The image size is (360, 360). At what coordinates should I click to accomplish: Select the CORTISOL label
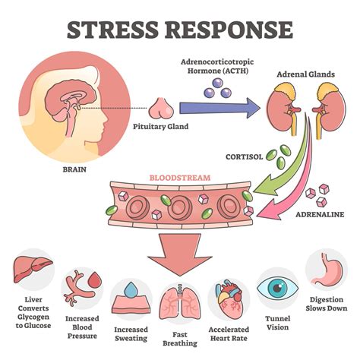click(244, 157)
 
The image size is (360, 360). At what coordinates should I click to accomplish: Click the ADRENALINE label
click(315, 216)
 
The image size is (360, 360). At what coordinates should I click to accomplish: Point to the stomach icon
click(325, 270)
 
